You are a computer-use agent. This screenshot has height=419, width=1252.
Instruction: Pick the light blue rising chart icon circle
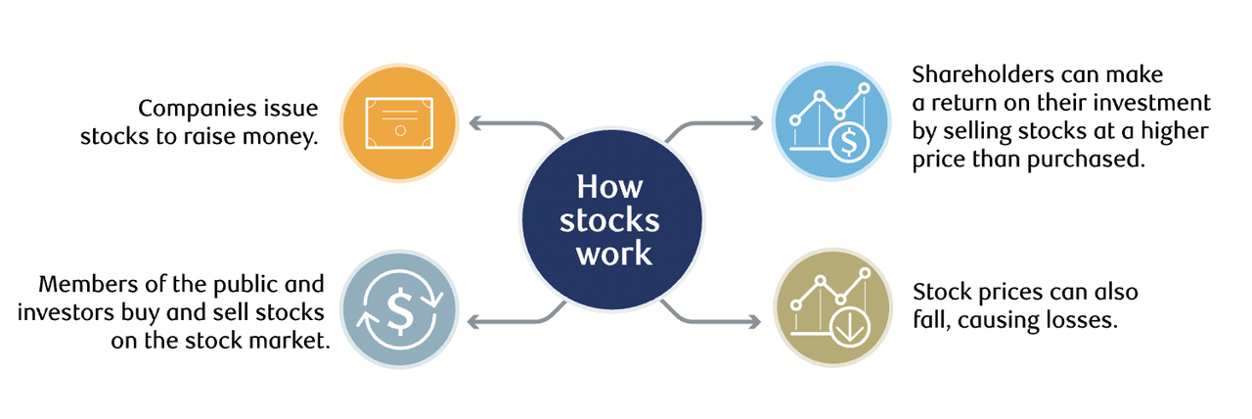pos(831,122)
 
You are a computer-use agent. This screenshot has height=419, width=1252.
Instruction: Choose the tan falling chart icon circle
pos(831,311)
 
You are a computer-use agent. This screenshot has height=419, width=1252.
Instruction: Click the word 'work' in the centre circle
pos(613,253)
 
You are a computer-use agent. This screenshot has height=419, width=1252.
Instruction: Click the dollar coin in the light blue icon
pos(846,144)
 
